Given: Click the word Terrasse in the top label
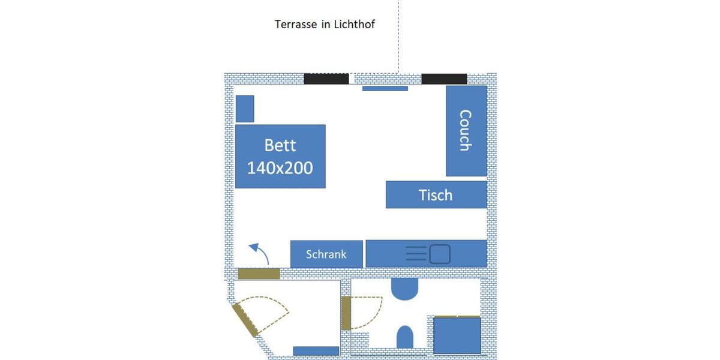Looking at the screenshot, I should (x=295, y=25).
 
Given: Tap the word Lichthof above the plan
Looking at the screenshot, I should (x=355, y=25).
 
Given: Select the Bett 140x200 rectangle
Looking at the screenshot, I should (x=280, y=157).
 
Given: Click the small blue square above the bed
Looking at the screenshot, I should (x=245, y=109).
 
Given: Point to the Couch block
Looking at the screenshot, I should (x=466, y=131).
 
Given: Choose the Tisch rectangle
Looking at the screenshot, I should (x=436, y=194).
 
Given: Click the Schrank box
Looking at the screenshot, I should (x=327, y=254).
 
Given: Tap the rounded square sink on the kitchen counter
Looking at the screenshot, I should (x=440, y=254).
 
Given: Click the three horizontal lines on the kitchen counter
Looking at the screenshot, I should (x=416, y=254).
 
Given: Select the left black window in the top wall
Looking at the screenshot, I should (x=326, y=79).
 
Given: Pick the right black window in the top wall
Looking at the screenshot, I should (x=444, y=79).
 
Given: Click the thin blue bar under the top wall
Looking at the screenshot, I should (x=385, y=89).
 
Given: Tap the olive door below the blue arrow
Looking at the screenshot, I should (x=259, y=274).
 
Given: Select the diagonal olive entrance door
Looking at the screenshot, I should (x=245, y=319).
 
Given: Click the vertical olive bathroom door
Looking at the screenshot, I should (x=346, y=313).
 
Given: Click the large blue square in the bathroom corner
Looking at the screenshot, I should (x=457, y=335).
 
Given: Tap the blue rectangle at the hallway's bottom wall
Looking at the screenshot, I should (x=316, y=351).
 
